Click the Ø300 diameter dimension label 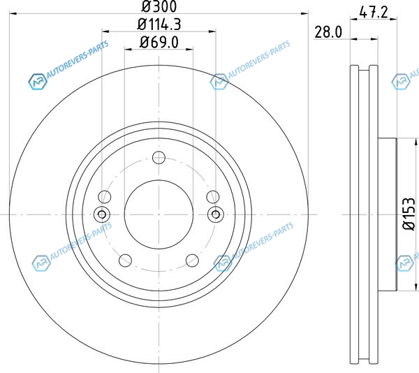point(159,6)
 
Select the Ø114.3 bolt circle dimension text point(159,24)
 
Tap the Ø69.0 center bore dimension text point(159,43)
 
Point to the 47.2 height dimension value point(374,13)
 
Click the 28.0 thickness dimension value point(328,32)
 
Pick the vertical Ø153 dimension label point(409,214)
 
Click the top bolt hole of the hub point(159,157)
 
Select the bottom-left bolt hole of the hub point(125,261)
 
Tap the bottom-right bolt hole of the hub point(193,261)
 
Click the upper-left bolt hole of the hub point(105,197)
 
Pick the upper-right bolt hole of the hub point(213,197)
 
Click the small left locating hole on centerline point(102,214)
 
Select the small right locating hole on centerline point(216,214)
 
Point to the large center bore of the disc point(159,214)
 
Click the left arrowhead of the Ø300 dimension point(13,13)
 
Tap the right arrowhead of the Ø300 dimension point(304,13)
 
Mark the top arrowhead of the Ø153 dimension point(416,142)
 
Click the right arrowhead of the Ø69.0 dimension point(189,49)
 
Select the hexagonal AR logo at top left point(38,81)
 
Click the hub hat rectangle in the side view point(388,214)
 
